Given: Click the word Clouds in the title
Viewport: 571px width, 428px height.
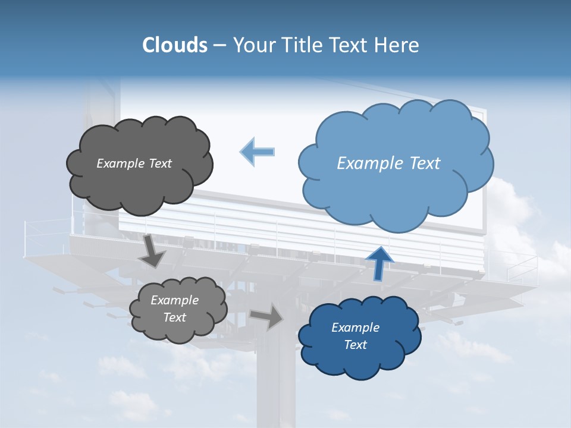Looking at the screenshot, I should pyautogui.click(x=174, y=45).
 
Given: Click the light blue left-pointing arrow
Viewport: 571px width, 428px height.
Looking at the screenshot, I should pyautogui.click(x=258, y=152).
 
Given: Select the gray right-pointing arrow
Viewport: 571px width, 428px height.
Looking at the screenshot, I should pyautogui.click(x=267, y=316).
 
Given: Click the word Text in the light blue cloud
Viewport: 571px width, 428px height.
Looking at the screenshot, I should pyautogui.click(x=425, y=163).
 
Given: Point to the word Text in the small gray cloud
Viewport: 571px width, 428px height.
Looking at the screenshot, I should pyautogui.click(x=175, y=317).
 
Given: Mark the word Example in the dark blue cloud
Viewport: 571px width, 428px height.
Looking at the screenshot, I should pyautogui.click(x=355, y=328).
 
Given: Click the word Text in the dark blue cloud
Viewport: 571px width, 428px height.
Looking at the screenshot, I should pyautogui.click(x=356, y=345).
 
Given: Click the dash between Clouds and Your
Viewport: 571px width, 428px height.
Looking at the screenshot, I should pyautogui.click(x=219, y=45).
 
